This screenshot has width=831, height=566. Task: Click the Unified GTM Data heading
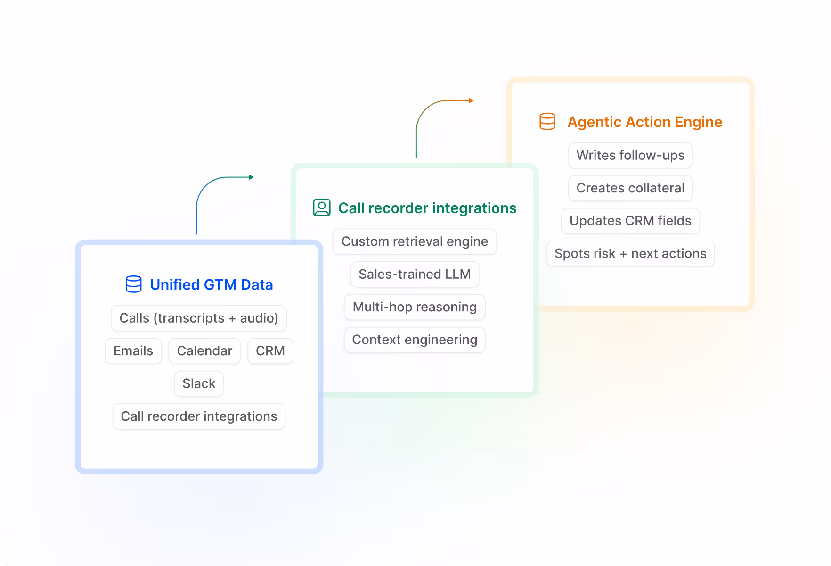click(211, 285)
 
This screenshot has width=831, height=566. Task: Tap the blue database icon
click(133, 284)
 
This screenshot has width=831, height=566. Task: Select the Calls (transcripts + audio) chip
click(199, 318)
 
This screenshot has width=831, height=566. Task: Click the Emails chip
click(133, 351)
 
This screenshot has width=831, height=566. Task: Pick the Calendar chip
click(204, 351)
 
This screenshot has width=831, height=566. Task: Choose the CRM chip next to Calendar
click(270, 351)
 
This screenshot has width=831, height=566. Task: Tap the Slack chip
click(199, 384)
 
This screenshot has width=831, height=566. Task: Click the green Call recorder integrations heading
click(427, 208)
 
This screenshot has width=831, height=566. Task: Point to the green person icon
click(322, 208)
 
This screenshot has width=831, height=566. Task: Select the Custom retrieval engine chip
click(415, 241)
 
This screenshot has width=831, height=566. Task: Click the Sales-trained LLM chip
click(415, 275)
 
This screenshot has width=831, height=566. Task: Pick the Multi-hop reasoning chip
click(415, 307)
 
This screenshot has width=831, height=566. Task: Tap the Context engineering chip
click(415, 340)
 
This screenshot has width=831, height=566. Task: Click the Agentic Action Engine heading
click(644, 122)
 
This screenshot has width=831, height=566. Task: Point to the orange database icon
click(547, 122)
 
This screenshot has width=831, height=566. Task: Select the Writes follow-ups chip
click(630, 156)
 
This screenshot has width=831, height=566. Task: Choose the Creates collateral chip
click(630, 188)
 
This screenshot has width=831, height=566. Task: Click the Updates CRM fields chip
click(630, 221)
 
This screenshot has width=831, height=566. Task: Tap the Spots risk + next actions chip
click(630, 254)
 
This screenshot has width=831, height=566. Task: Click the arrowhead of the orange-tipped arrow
click(471, 100)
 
